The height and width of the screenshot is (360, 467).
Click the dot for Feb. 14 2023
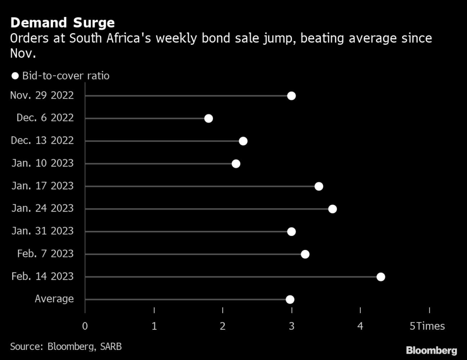(x=381, y=277)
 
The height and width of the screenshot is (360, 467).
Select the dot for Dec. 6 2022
(x=208, y=119)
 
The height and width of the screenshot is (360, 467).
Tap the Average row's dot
(x=290, y=299)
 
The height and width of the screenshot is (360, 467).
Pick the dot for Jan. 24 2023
(x=332, y=209)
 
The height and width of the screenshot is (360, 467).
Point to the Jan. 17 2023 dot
(x=319, y=186)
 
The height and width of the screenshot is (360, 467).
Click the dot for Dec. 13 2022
(x=243, y=141)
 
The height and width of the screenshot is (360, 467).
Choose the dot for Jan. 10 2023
(x=236, y=164)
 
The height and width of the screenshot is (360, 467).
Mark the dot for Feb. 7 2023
(x=305, y=254)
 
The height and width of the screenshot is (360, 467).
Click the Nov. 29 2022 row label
(x=42, y=95)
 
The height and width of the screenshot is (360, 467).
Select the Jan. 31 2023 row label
(x=42, y=231)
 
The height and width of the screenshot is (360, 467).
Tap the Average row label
(x=54, y=299)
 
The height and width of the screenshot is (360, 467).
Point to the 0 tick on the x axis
(x=85, y=326)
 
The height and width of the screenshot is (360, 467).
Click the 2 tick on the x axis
(x=223, y=326)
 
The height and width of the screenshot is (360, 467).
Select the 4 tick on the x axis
(x=360, y=326)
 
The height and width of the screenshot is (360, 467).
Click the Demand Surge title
(x=62, y=22)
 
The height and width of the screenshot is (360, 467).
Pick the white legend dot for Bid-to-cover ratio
(x=15, y=76)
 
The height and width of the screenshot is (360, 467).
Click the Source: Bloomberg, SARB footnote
(x=66, y=346)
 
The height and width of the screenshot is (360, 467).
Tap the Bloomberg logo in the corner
(x=431, y=350)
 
